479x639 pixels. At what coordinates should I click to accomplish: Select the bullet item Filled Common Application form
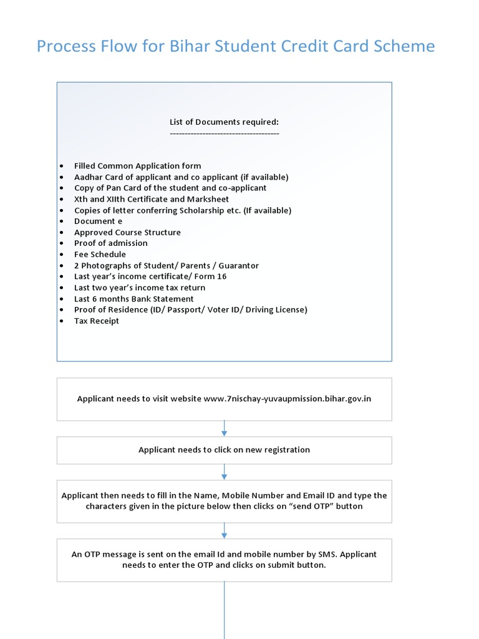(x=137, y=166)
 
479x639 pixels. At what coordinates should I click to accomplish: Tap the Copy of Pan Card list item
(x=170, y=188)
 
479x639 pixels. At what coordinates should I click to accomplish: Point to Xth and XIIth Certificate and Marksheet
(x=151, y=199)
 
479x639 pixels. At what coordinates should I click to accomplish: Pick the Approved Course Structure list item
(x=127, y=232)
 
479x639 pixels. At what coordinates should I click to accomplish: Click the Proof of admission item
(x=110, y=243)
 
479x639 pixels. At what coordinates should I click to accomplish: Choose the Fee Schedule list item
(x=100, y=255)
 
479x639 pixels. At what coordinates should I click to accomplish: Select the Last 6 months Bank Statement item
(x=133, y=299)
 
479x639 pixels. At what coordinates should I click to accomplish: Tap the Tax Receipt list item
(x=96, y=321)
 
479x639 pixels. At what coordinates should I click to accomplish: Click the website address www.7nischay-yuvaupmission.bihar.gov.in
(x=287, y=399)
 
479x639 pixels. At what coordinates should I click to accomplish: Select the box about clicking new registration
(x=224, y=450)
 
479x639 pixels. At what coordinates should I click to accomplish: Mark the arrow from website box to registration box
(x=224, y=428)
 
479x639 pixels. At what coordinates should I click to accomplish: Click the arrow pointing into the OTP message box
(x=224, y=530)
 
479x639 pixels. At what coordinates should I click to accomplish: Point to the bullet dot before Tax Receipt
(x=60, y=321)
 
